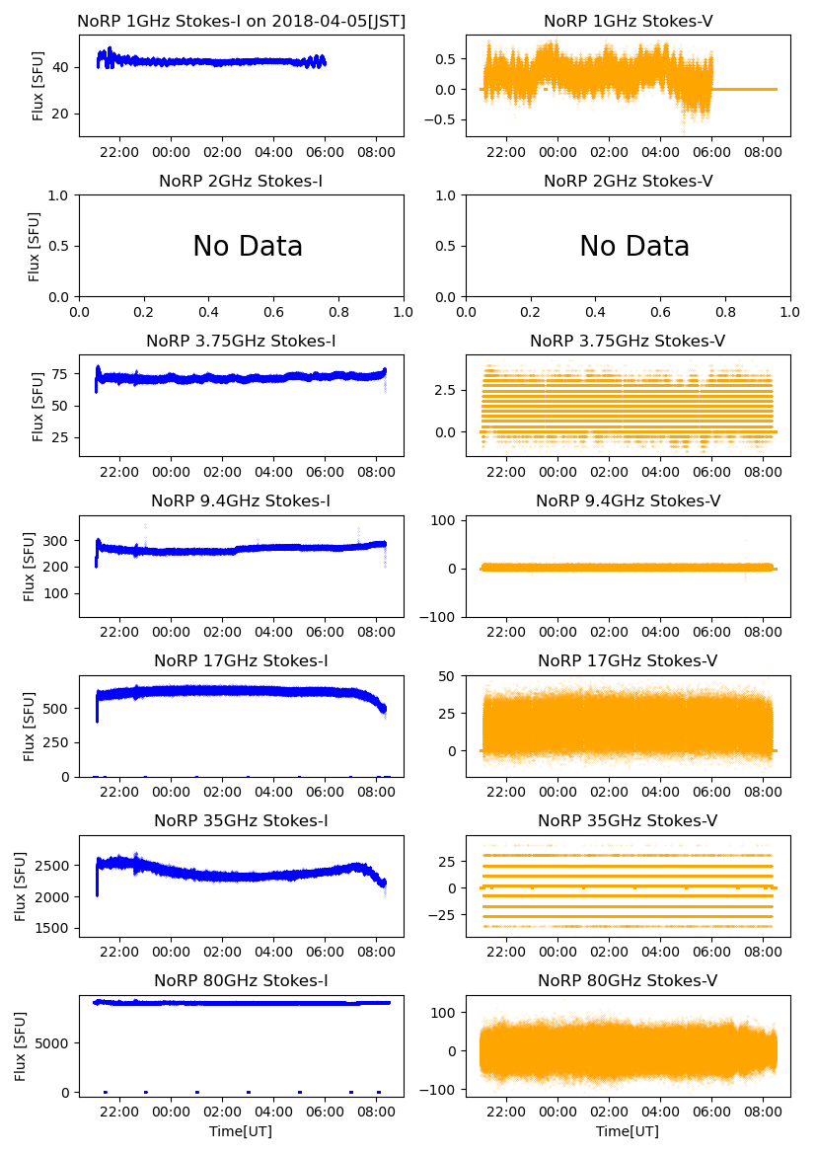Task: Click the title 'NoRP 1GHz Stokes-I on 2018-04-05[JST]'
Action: (x=241, y=21)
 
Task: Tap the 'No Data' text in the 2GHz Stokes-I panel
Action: (x=248, y=246)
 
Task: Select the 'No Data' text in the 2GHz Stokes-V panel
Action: (x=634, y=246)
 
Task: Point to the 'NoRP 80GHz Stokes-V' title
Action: (x=628, y=980)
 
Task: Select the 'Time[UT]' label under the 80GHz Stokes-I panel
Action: (x=241, y=1131)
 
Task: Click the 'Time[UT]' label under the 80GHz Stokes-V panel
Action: (x=628, y=1131)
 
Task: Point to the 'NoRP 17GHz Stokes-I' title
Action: (x=241, y=660)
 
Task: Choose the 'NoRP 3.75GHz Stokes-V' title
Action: (x=628, y=341)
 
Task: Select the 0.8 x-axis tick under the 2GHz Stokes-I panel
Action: (x=338, y=312)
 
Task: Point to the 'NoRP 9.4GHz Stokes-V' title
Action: (x=628, y=500)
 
